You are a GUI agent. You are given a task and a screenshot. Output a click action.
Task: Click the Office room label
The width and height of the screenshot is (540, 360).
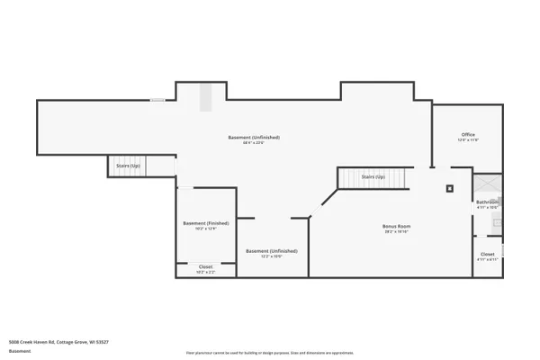(469, 135)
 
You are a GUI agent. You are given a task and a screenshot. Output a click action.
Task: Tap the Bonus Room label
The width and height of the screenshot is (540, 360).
(397, 225)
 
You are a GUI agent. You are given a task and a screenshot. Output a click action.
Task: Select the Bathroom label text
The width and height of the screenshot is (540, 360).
(486, 202)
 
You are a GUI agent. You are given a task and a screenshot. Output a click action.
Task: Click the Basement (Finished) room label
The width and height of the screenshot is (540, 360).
(205, 223)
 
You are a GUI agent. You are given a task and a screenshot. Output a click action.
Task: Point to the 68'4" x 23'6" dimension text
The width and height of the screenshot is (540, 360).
(254, 142)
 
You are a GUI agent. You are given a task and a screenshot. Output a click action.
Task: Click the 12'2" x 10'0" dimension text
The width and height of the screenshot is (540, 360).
(272, 256)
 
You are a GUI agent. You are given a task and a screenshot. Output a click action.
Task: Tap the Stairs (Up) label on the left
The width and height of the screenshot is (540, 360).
(128, 166)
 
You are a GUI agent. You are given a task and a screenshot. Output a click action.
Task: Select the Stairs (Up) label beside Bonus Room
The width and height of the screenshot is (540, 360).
(373, 177)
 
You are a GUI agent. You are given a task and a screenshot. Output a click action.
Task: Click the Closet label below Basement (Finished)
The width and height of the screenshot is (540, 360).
(205, 266)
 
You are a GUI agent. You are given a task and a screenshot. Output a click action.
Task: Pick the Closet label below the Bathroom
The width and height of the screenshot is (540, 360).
(487, 255)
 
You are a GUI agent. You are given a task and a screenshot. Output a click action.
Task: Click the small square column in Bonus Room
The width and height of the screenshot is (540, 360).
(450, 188)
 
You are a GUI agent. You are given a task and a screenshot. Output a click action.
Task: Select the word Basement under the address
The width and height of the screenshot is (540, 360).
(17, 350)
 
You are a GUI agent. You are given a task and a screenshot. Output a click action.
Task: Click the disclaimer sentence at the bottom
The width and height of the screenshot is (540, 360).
(269, 353)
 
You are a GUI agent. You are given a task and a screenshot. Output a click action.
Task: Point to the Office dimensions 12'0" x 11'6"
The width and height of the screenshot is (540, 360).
(469, 140)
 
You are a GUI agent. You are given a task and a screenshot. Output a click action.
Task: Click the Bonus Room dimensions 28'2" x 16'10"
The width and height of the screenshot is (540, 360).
(397, 231)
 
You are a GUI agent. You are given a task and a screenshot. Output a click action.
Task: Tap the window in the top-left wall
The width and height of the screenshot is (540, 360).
(157, 100)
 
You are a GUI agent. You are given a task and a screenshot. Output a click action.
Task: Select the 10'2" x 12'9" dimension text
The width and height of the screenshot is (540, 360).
(205, 229)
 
